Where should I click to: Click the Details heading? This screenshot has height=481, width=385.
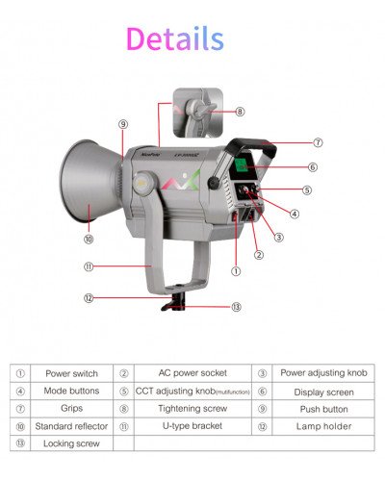click(174, 38)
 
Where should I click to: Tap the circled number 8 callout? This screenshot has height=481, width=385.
click(240, 112)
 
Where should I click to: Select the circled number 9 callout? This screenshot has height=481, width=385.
click(123, 124)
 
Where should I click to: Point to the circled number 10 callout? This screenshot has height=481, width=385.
click(88, 238)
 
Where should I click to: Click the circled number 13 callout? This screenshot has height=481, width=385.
click(237, 307)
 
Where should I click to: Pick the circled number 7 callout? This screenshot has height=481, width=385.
click(318, 142)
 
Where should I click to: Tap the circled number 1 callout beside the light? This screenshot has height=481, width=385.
click(236, 271)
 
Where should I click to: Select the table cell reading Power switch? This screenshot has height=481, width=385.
click(71, 372)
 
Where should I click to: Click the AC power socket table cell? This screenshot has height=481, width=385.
click(192, 372)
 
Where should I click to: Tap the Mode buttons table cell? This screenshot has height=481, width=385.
click(71, 391)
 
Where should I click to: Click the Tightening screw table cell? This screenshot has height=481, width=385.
click(192, 408)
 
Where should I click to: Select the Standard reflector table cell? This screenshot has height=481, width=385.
click(71, 425)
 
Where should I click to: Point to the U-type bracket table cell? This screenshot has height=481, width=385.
click(192, 425)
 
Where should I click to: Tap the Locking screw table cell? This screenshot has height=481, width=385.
click(71, 443)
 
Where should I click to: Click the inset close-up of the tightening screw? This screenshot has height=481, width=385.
click(198, 112)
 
